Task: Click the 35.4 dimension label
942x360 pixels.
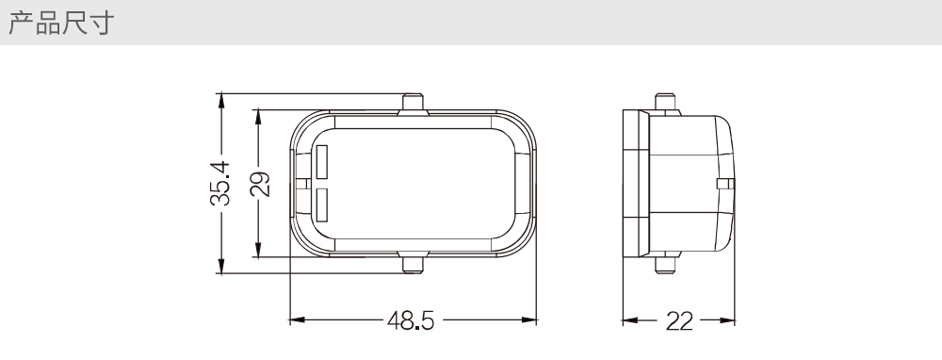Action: pos(220,184)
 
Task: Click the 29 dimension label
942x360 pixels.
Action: pos(260,185)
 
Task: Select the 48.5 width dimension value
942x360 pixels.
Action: pos(411,321)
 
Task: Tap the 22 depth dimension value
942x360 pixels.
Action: pos(679,321)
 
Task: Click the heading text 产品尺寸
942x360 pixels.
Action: pos(61,23)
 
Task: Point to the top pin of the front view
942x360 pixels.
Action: pos(413,102)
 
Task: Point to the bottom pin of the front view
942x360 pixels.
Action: pos(413,264)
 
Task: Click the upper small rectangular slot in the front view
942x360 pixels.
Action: pos(322,162)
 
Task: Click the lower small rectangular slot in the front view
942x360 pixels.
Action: pos(322,205)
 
